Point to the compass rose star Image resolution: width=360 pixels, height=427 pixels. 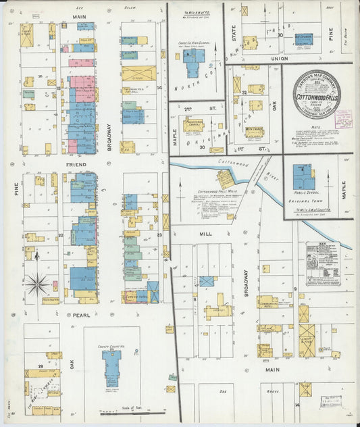coord(36,284)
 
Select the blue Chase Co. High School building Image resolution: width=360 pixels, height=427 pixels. coord(193,63)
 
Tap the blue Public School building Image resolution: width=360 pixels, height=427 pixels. coord(303,177)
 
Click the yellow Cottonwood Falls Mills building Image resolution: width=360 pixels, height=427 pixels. coord(225,179)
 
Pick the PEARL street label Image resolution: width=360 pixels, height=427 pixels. coord(79,316)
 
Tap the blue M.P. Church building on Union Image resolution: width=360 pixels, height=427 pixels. coord(303,39)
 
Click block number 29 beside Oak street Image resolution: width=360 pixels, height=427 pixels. coord(41,366)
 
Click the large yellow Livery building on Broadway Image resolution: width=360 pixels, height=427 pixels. coord(138,73)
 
